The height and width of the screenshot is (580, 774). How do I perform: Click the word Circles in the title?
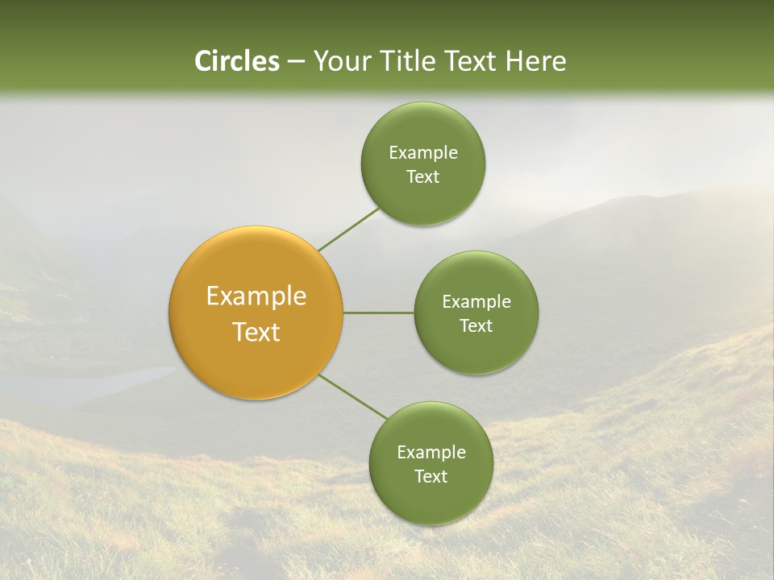237,61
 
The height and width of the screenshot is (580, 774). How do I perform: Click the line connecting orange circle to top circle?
348,230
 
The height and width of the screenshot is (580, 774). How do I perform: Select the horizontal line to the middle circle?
379,313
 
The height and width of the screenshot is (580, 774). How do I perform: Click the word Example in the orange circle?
256,296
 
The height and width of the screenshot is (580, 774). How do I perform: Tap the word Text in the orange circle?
256,332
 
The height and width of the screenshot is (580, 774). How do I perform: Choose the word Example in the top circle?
423,153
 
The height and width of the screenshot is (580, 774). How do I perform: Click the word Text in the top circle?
422,177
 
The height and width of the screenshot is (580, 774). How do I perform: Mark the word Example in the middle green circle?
476,302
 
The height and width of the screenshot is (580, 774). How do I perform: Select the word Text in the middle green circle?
476,326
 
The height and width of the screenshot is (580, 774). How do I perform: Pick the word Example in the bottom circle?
431,453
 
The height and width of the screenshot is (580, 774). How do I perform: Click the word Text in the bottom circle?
431,477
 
